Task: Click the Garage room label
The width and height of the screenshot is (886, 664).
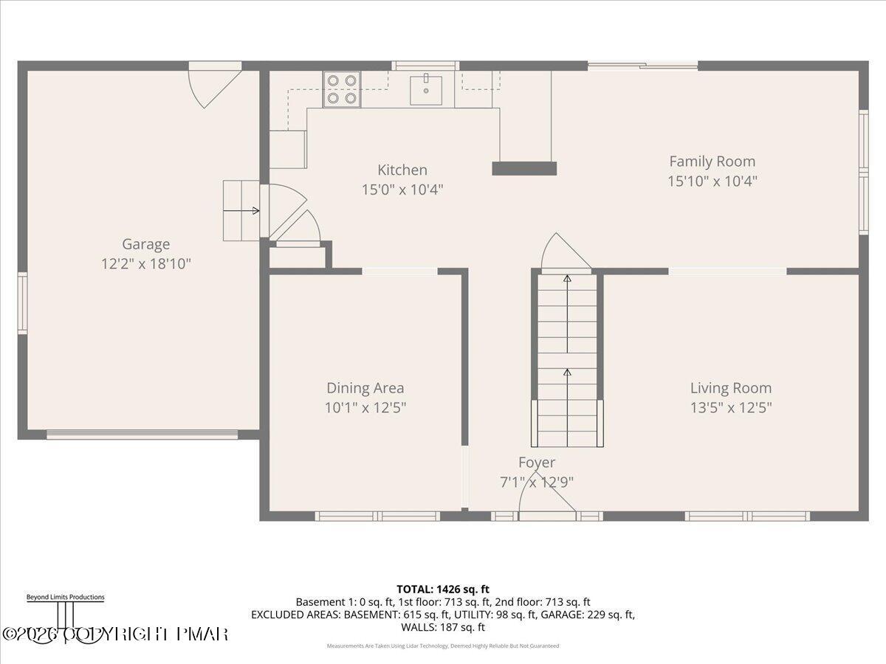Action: pos(145,244)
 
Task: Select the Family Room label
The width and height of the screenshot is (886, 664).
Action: pos(712,161)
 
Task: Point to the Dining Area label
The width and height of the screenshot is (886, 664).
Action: pos(365,388)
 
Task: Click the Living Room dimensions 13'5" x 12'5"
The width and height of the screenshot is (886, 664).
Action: pos(730,407)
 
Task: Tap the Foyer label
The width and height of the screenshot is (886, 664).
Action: pos(537,463)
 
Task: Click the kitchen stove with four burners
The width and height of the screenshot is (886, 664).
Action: pos(341,89)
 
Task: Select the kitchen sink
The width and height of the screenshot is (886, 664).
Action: pos(426,90)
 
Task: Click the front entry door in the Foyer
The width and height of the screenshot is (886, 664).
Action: pos(547,505)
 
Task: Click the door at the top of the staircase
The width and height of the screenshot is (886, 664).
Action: pos(565,255)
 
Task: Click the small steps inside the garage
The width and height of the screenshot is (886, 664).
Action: pos(241,210)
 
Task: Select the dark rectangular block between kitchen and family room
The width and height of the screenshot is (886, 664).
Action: pos(524,168)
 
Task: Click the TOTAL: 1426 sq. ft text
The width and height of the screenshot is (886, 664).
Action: pos(443,589)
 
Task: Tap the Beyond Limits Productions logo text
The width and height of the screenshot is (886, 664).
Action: pos(65,598)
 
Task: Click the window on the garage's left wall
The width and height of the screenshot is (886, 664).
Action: pos(22,302)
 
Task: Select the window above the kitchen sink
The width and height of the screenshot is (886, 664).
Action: pos(425,66)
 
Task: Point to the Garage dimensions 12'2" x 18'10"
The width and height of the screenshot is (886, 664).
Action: pos(145,263)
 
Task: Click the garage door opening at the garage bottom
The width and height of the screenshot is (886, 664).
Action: pos(142,435)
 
